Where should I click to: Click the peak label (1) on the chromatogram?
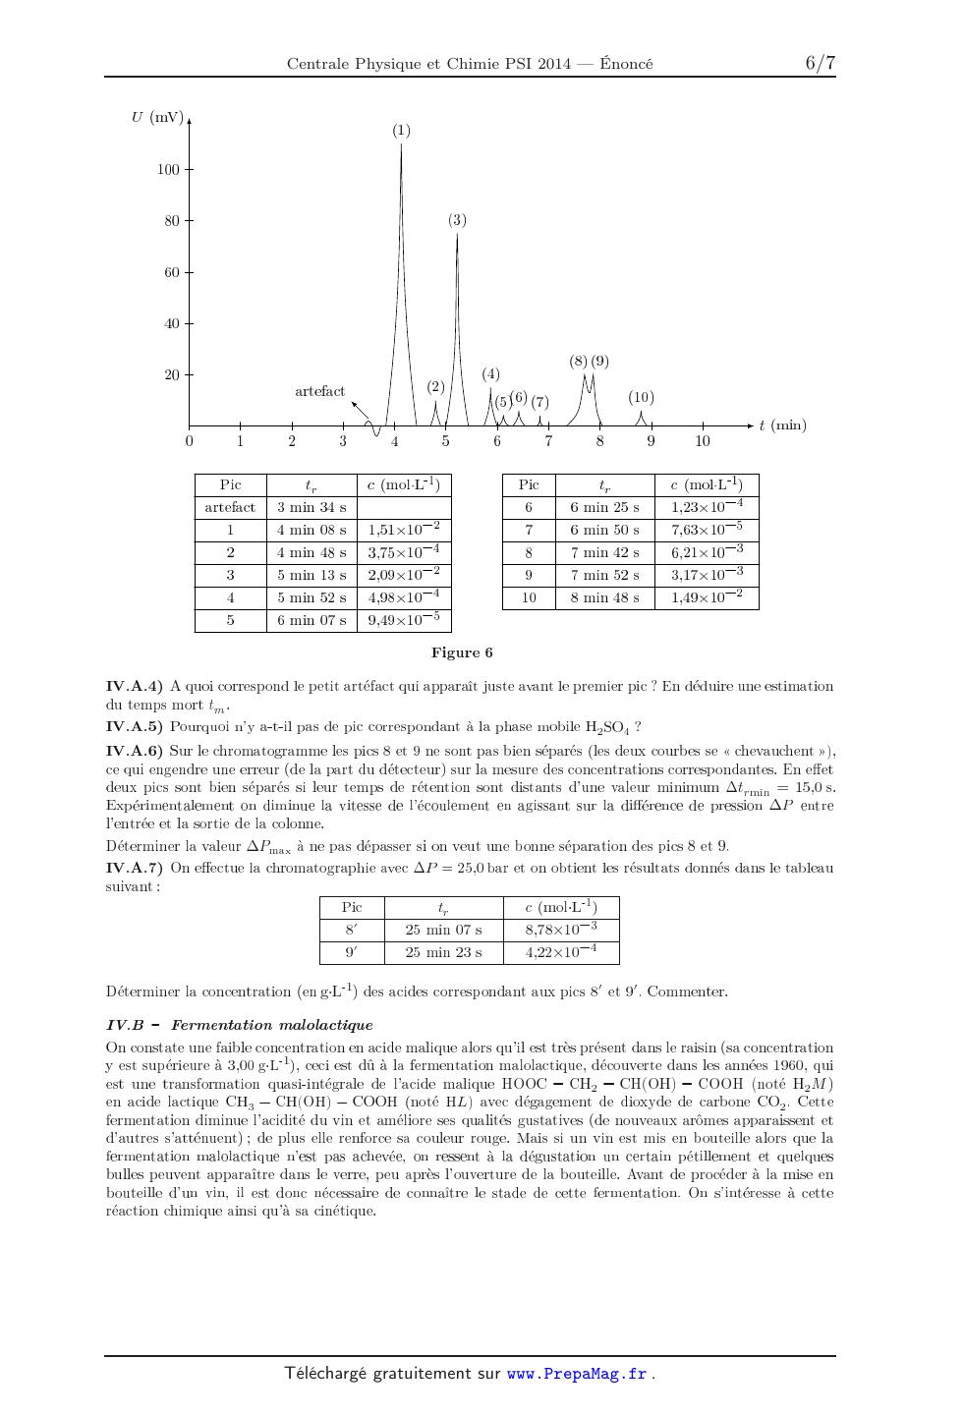401,131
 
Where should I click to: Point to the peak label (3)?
457,220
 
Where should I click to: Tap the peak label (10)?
641,398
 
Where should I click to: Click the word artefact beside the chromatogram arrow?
319,391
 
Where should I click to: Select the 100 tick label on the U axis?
168,170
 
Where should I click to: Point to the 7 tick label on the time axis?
548,441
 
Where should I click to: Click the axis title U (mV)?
157,118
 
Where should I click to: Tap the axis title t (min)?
782,425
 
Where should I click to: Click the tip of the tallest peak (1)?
401,145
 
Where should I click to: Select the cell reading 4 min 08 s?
312,530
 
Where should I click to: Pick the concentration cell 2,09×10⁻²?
403,575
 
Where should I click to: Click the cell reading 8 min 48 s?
604,597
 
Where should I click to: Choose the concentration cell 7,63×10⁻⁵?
707,530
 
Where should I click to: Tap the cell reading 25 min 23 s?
443,952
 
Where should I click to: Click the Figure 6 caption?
462,652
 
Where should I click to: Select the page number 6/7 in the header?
820,63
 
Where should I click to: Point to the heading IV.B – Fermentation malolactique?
239,1025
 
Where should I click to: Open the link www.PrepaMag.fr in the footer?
576,1374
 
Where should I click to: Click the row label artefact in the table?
230,507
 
